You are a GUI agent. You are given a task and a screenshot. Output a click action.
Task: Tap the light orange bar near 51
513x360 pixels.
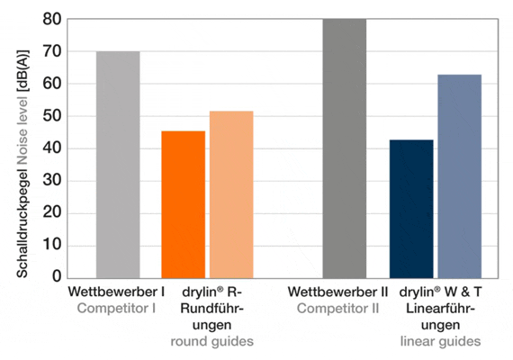pyautogui.click(x=231, y=193)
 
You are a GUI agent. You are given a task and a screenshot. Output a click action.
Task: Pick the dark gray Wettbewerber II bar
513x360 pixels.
pyautogui.click(x=345, y=148)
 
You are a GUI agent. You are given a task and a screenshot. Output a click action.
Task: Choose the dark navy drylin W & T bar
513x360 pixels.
pyautogui.click(x=411, y=208)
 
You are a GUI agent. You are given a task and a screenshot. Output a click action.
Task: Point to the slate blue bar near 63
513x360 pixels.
pyautogui.click(x=460, y=175)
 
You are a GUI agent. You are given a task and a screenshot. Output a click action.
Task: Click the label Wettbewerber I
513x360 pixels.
pyautogui.click(x=117, y=292)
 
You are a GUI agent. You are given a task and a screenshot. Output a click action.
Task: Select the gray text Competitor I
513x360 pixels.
pyautogui.click(x=117, y=309)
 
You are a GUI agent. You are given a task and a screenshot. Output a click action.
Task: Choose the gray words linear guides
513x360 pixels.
pyautogui.click(x=441, y=341)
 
